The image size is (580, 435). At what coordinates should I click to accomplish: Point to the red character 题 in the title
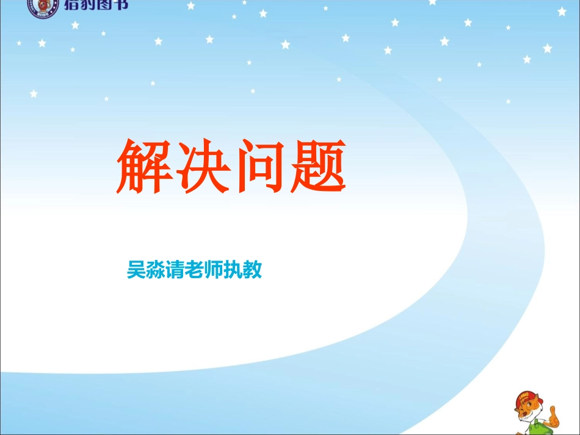pos(316,167)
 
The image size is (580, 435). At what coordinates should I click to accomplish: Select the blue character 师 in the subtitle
pos(214,270)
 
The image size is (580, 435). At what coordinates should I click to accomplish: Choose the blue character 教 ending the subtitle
pos(252,270)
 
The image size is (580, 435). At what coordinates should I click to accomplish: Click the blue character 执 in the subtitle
pos(233,270)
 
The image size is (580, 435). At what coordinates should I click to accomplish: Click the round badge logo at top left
pos(43,6)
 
